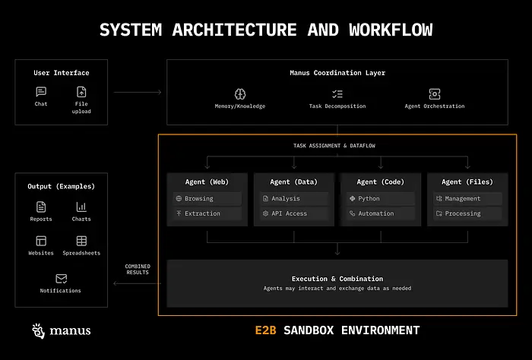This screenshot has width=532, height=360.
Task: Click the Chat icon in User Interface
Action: [x=41, y=92]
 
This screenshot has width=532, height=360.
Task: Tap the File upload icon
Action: [x=81, y=92]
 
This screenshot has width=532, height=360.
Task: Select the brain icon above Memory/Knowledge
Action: [x=240, y=93]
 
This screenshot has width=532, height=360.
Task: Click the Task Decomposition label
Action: [x=337, y=106]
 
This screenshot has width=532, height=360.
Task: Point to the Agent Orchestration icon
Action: [x=434, y=93]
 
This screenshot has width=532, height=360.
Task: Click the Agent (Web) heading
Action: [x=207, y=182]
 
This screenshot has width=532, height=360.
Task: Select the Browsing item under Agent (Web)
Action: [x=207, y=198]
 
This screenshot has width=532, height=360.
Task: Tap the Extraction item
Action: [x=207, y=213]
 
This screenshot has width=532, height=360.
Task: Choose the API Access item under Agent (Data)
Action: [x=293, y=213]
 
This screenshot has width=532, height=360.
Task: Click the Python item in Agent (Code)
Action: [x=380, y=198]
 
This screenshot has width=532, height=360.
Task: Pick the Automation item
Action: [x=380, y=213]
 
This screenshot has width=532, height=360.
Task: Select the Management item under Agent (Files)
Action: [x=465, y=198]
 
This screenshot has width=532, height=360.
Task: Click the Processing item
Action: [x=465, y=213]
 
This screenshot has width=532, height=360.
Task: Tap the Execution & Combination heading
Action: [x=337, y=279]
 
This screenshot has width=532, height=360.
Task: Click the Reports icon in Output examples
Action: [x=41, y=207]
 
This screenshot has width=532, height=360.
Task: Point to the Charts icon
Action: [x=81, y=207]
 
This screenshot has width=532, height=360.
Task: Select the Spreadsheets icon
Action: [x=81, y=241]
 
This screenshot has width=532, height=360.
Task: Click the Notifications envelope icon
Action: [x=61, y=279]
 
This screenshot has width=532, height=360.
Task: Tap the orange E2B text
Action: [x=266, y=330]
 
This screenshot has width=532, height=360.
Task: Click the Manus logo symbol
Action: [x=39, y=330]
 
